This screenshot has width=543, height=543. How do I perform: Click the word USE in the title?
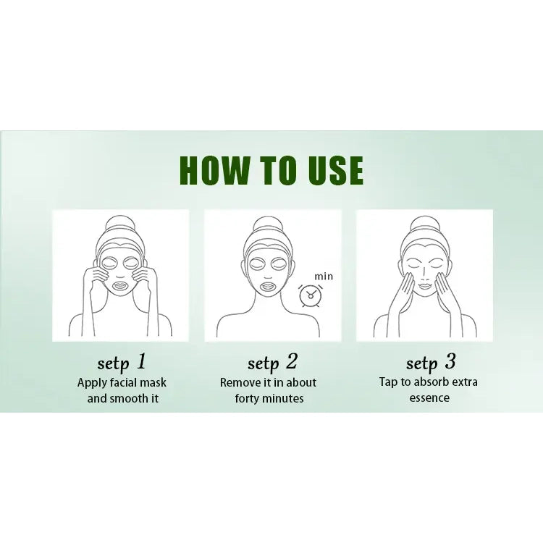(336, 170)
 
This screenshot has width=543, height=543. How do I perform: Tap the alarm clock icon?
(311, 295)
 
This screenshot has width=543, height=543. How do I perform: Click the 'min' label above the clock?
(324, 277)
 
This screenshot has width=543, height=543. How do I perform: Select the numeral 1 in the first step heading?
(141, 361)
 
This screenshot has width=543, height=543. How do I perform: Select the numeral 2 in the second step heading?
(292, 361)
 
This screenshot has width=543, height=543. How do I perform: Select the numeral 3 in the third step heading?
(450, 361)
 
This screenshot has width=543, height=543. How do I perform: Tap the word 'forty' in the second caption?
(247, 399)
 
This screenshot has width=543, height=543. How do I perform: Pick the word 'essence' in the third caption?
(429, 398)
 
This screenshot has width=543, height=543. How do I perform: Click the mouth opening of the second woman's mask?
(268, 287)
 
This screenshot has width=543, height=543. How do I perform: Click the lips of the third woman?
(424, 287)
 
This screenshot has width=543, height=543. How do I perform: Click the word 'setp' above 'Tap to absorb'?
(422, 363)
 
